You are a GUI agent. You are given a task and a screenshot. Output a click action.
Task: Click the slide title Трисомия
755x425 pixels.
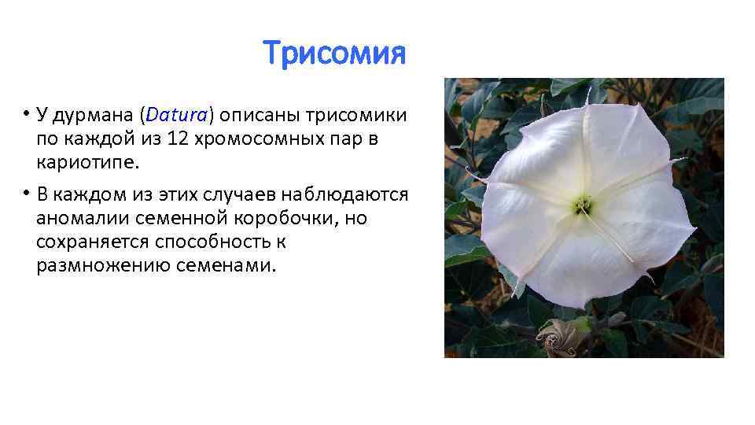334,54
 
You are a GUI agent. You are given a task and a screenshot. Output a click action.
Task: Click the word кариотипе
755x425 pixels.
80,163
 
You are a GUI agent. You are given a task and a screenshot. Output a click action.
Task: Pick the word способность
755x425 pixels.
201,242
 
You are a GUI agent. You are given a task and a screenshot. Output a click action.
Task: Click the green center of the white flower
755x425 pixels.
583,205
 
